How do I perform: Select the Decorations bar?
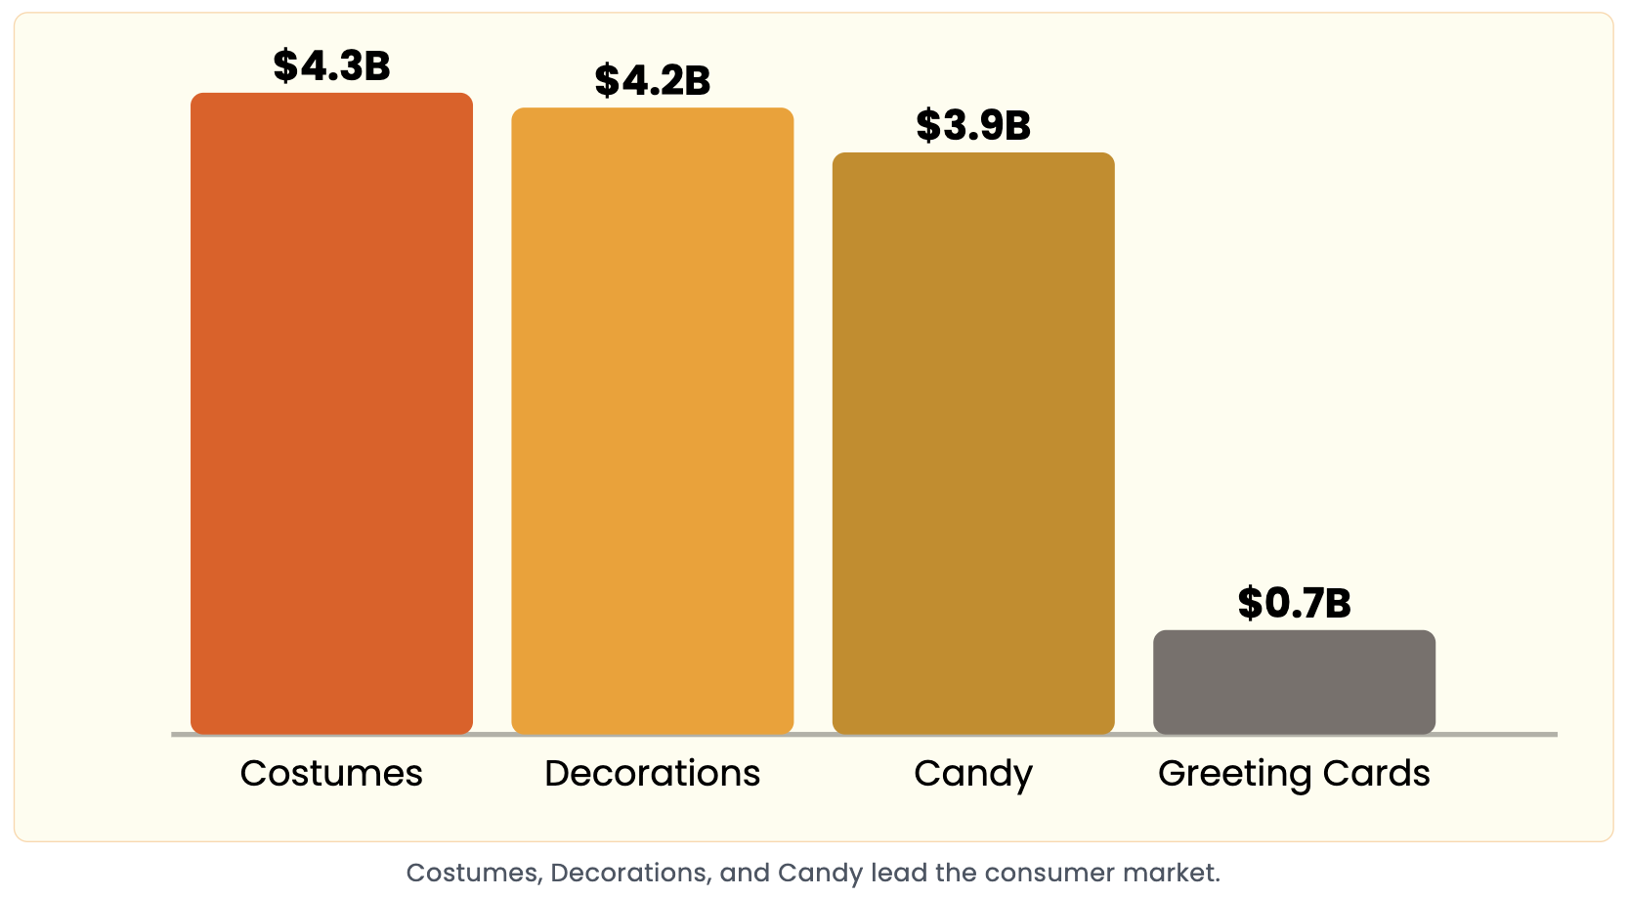[x=652, y=420]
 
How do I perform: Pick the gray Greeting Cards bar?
[x=1294, y=682]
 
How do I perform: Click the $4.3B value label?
[x=331, y=66]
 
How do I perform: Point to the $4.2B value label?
[x=652, y=81]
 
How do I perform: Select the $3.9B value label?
[x=973, y=126]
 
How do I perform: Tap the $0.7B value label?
[x=1294, y=604]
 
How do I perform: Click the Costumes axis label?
[x=331, y=773]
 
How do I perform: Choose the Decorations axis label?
[x=652, y=773]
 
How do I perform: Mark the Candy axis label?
[x=973, y=774]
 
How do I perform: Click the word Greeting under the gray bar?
[x=1234, y=774]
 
